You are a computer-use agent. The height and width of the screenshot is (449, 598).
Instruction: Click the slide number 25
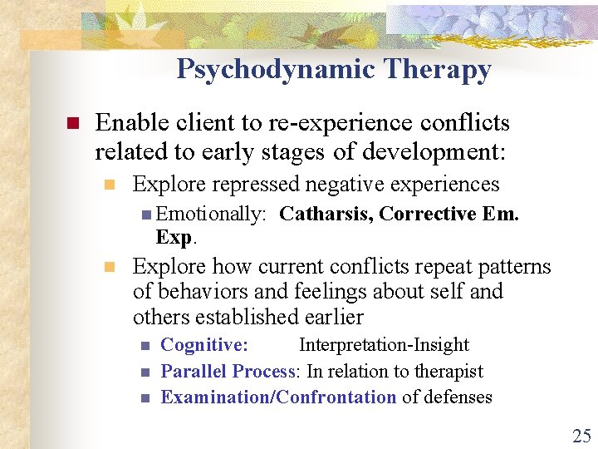tap(581, 435)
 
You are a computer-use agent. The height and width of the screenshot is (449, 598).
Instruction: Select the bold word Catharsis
tap(326, 215)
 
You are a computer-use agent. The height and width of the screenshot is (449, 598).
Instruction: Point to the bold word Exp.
tap(174, 237)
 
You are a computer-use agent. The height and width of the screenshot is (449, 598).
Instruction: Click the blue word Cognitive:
tap(203, 345)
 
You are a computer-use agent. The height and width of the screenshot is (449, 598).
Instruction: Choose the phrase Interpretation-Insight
tap(384, 345)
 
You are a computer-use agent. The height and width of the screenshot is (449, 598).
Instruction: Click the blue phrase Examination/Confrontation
tap(278, 397)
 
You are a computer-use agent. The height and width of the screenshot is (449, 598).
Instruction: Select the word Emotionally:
tap(210, 215)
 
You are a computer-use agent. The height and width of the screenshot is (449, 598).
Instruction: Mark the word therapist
tap(448, 371)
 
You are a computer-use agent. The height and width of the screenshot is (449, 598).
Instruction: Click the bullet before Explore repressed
tap(108, 185)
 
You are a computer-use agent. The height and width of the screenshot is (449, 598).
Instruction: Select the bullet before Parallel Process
tap(144, 372)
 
